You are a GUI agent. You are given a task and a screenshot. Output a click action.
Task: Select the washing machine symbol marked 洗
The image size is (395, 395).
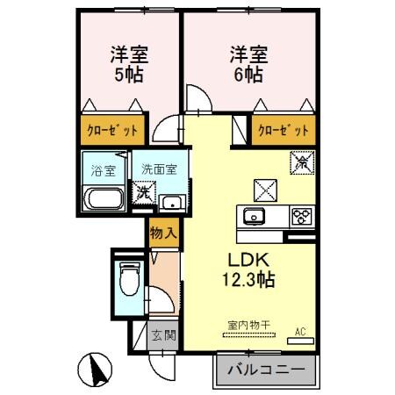coord(142,191)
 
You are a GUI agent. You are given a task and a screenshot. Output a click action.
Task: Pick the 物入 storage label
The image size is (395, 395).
coord(163,233)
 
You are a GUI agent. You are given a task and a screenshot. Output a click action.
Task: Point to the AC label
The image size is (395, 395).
coord(300,331)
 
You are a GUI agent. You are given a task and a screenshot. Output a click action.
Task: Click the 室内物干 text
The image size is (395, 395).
coord(249,325)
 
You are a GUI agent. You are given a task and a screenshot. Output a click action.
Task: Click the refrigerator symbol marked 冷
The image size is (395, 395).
coord(300,162)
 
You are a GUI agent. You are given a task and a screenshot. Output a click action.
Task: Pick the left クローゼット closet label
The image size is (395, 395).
coord(111,131)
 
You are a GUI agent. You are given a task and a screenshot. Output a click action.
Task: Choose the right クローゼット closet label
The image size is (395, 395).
coord(283,131)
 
